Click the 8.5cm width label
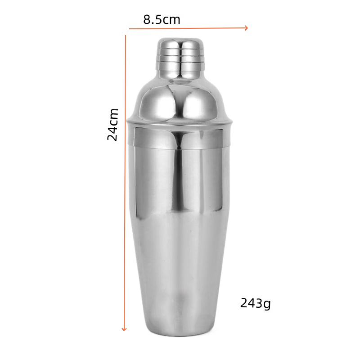tap(162, 19)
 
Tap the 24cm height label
tap(113, 125)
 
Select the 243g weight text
tap(255, 303)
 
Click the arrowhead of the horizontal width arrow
tap(246, 28)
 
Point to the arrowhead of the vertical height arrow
tap(124, 329)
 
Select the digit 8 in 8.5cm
tap(147, 19)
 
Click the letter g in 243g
tap(267, 305)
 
